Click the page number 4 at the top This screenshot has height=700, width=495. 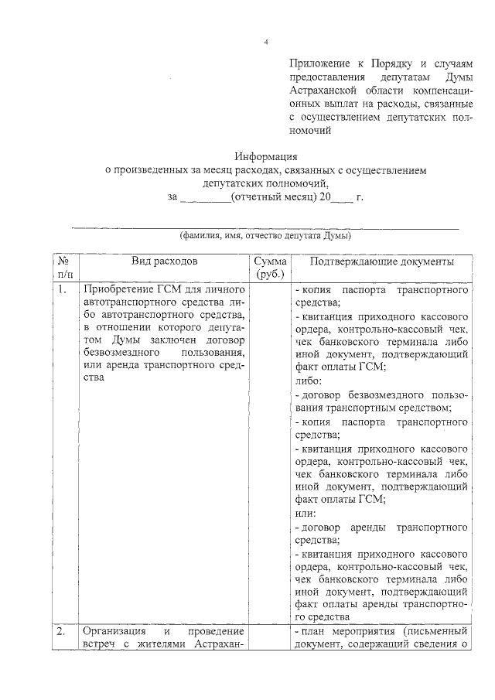(x=265, y=42)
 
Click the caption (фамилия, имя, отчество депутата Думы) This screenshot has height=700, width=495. (x=265, y=236)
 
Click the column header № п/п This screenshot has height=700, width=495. (x=65, y=268)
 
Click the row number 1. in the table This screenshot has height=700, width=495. (x=61, y=290)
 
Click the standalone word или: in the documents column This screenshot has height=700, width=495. (x=307, y=513)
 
